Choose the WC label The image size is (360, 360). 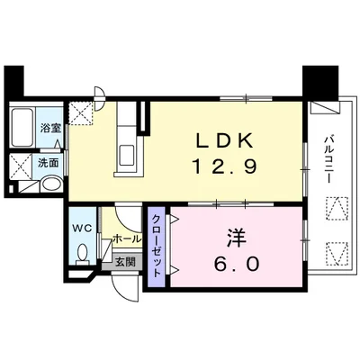tap(81, 227)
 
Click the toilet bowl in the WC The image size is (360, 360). tap(82, 254)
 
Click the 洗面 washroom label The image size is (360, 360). tap(47, 163)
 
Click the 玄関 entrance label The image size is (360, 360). tap(123, 262)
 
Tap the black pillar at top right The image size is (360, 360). tap(318, 83)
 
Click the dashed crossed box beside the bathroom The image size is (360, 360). tap(83, 112)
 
